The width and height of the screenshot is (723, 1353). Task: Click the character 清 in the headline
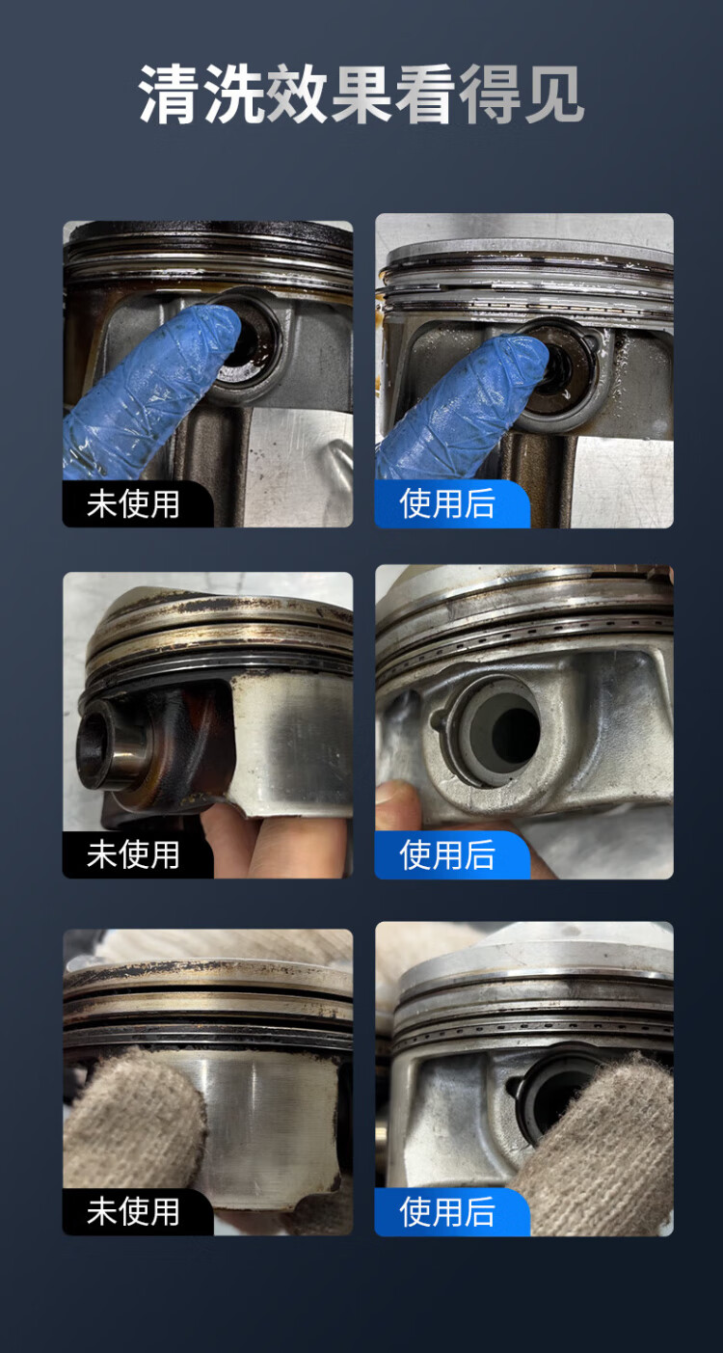170,95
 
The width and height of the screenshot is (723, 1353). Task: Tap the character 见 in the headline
553,95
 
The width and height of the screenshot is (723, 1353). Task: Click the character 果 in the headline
361,95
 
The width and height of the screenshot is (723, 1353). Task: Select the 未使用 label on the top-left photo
133,503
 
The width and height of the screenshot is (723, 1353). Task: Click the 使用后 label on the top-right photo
447,503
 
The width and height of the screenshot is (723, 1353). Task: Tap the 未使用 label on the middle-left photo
133,854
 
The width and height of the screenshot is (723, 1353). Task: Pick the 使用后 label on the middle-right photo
447,854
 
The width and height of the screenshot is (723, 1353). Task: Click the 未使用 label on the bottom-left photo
133,1210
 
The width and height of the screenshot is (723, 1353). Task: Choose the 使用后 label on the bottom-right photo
447,1210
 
